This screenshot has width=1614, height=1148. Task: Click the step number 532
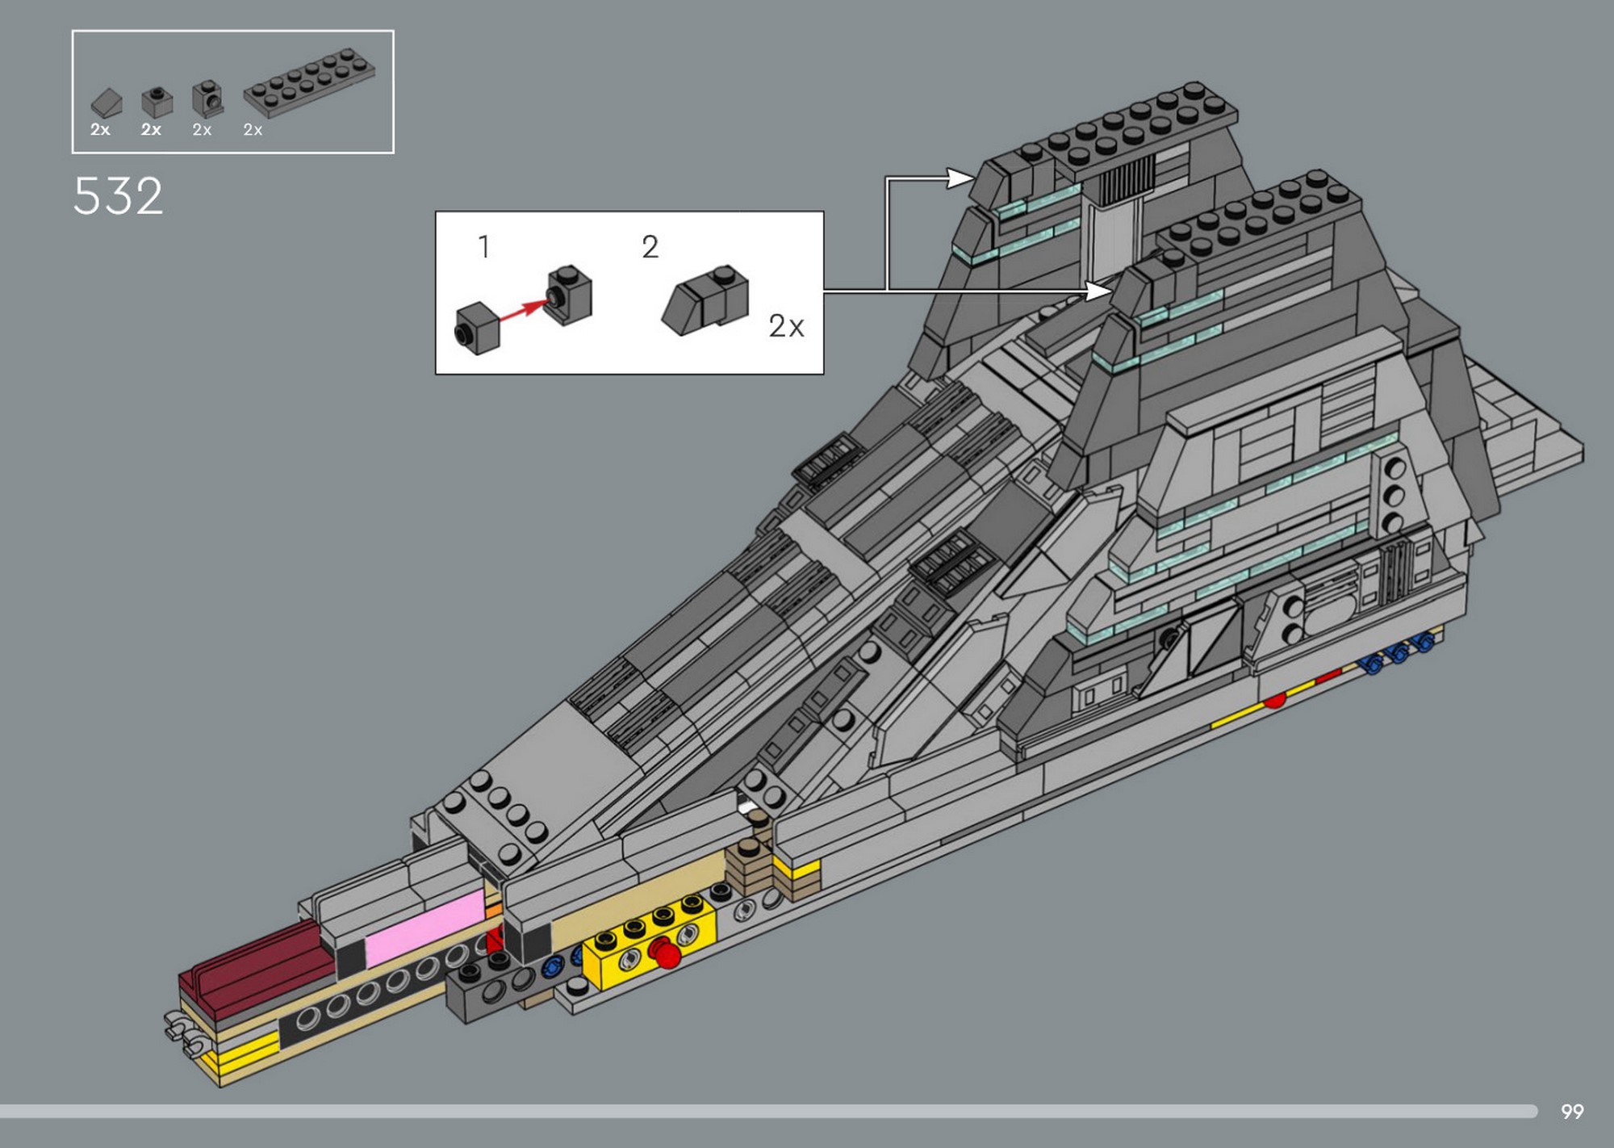tap(118, 196)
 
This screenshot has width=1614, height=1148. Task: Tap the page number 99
tap(1572, 1112)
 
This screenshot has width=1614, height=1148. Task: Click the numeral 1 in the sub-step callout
tap(484, 246)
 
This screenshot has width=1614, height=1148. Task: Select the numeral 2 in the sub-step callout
tap(650, 246)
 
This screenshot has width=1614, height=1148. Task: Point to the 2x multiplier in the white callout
tap(786, 326)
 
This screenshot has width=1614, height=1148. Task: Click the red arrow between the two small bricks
tap(524, 308)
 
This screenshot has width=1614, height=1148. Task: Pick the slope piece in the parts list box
tap(107, 103)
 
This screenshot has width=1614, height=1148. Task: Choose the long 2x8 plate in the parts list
tap(309, 82)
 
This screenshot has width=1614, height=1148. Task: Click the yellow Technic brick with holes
tap(650, 939)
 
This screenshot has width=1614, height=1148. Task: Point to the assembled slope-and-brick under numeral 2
tap(705, 300)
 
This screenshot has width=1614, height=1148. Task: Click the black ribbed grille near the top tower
tap(1126, 180)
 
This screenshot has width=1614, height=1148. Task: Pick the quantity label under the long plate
tap(253, 130)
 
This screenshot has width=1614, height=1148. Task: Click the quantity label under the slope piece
tap(100, 130)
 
